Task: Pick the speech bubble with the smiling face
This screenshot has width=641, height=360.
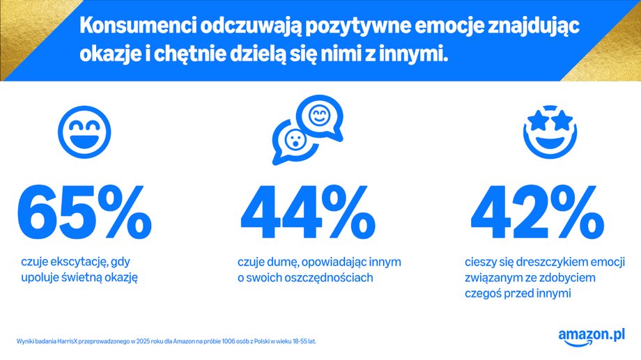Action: (x=319, y=116)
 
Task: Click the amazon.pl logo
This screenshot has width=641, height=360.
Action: (x=591, y=336)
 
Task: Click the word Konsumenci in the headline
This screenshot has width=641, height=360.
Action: (x=137, y=26)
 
